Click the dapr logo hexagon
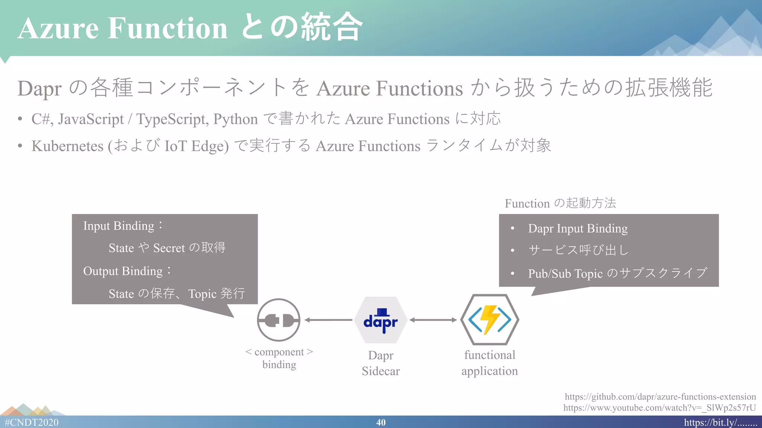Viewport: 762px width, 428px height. click(x=380, y=320)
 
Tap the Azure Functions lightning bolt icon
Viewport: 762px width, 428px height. click(x=490, y=320)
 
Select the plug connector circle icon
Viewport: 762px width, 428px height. click(x=278, y=320)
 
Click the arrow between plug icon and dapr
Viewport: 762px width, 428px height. click(x=328, y=320)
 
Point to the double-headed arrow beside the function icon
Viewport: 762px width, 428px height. click(x=433, y=320)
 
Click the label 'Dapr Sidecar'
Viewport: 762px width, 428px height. click(x=381, y=363)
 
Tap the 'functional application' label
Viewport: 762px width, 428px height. click(x=490, y=363)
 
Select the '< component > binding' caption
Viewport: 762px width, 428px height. click(x=279, y=358)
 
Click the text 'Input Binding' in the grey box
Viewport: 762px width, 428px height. click(x=119, y=226)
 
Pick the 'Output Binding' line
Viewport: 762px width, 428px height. click(x=123, y=271)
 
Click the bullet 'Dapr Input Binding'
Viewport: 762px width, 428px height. click(x=577, y=228)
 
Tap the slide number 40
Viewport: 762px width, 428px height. click(x=381, y=422)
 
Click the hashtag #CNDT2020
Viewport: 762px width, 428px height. click(x=32, y=422)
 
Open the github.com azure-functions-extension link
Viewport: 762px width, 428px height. click(x=660, y=397)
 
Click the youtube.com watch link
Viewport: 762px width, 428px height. click(x=659, y=408)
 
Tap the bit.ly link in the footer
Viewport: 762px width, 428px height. click(x=720, y=422)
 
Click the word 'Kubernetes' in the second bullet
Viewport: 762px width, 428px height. click(x=67, y=146)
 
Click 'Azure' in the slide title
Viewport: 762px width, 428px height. click(x=58, y=28)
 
